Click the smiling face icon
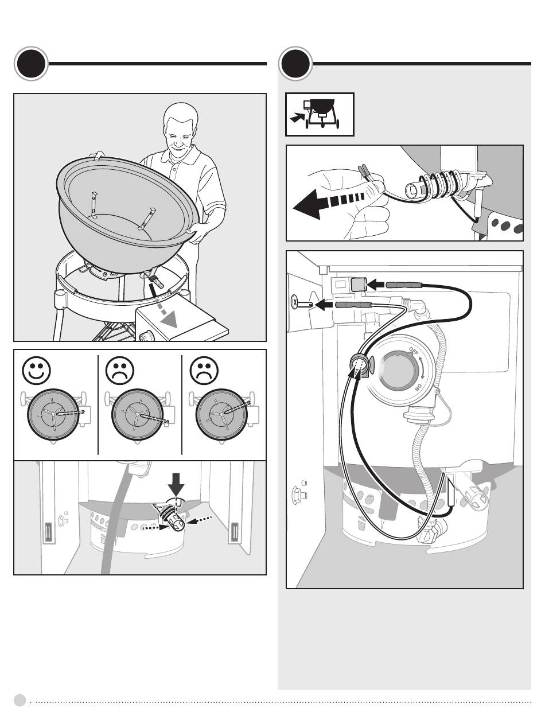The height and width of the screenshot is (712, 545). coord(35,371)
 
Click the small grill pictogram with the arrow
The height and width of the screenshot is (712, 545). coord(320,115)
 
